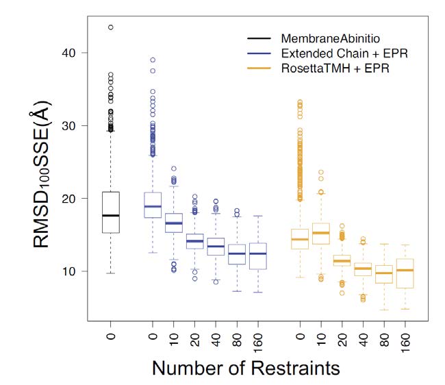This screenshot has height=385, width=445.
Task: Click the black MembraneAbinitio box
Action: (x=110, y=212)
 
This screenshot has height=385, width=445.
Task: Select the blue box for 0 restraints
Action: (x=153, y=205)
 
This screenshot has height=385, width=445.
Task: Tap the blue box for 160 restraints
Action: (x=258, y=256)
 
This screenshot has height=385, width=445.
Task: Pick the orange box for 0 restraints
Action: (x=300, y=238)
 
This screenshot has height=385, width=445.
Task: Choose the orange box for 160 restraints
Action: (x=405, y=273)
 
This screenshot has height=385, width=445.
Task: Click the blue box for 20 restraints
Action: (x=195, y=241)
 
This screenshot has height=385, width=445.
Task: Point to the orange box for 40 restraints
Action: (x=363, y=269)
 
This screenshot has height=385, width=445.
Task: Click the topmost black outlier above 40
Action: (x=110, y=27)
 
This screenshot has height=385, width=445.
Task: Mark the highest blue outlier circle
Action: (x=153, y=60)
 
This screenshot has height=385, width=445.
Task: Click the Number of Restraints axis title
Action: (x=246, y=368)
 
